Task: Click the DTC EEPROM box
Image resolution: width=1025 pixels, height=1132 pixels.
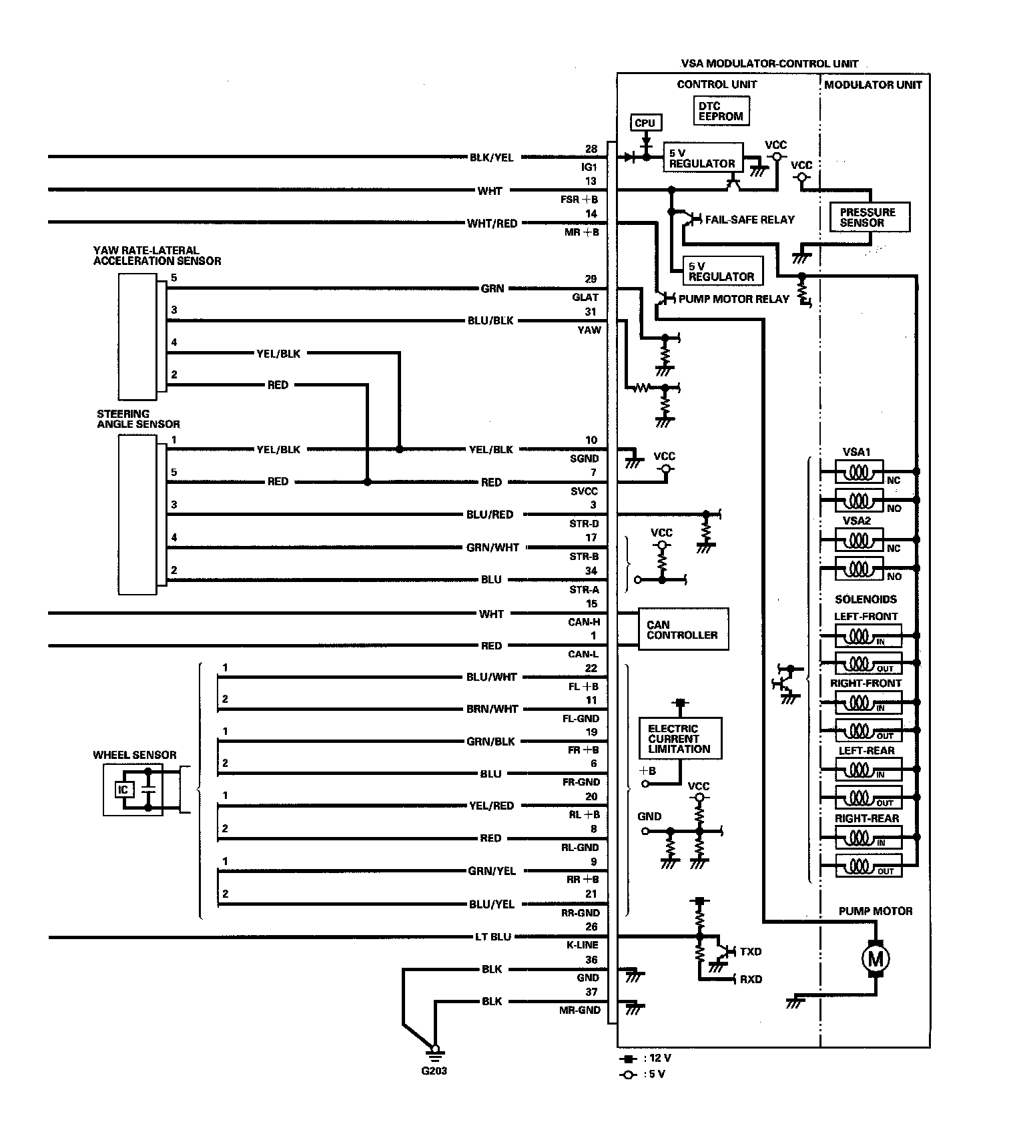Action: click(721, 111)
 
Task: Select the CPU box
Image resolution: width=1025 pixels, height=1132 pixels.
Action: click(645, 123)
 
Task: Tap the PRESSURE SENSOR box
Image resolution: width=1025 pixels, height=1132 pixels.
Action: click(870, 217)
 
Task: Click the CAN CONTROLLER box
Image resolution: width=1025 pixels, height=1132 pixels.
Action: click(683, 629)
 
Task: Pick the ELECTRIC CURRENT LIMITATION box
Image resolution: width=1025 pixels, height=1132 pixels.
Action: click(680, 738)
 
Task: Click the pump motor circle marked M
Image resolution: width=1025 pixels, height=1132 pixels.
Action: click(875, 960)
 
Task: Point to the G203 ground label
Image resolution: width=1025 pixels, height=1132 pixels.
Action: click(434, 1071)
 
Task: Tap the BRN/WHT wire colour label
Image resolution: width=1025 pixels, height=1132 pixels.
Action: click(492, 709)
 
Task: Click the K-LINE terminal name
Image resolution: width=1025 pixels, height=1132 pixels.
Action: click(583, 945)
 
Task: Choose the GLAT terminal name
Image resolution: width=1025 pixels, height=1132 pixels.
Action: click(585, 297)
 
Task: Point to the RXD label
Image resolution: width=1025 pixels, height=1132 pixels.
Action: click(751, 979)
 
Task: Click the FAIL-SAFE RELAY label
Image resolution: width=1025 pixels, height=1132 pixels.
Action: click(750, 219)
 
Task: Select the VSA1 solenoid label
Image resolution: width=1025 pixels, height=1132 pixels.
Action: click(856, 452)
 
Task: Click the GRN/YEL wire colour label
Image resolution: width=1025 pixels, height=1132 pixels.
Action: click(492, 871)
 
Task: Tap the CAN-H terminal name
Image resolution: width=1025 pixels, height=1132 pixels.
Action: click(584, 621)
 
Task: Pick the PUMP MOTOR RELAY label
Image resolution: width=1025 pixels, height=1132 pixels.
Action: click(734, 298)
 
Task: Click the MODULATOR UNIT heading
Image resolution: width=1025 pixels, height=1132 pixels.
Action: click(873, 85)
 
